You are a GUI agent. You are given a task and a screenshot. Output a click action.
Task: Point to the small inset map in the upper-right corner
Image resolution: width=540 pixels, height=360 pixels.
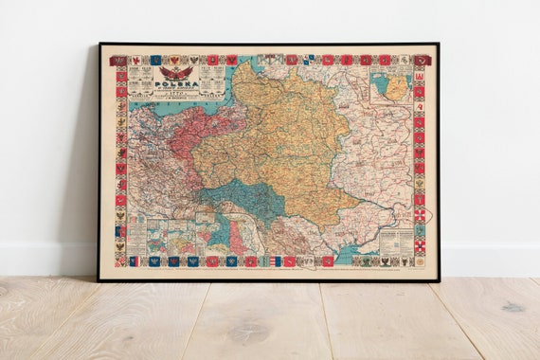(389, 86)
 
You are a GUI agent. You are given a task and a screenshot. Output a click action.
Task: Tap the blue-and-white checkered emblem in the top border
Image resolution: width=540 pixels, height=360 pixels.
(309, 60)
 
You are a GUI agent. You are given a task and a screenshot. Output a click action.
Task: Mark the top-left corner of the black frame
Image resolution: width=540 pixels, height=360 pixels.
(99, 45)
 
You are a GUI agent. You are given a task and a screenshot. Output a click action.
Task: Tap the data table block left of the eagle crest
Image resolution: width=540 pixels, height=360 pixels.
(140, 81)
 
